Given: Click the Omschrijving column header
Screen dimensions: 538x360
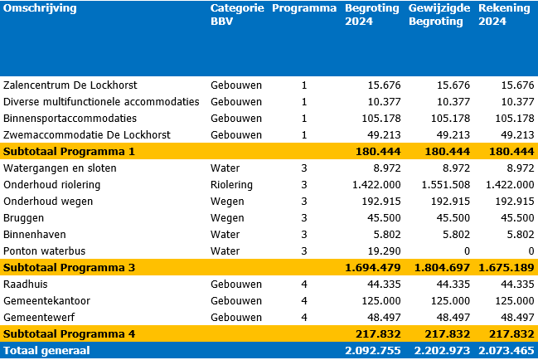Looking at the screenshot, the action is click(x=40, y=8).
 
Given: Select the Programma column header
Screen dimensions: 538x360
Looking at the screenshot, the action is click(x=304, y=8).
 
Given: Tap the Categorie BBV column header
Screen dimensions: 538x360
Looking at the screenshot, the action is click(x=237, y=15).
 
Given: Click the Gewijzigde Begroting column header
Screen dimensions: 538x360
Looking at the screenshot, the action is click(x=439, y=15).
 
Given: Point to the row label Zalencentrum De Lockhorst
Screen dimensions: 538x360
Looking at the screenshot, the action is click(x=70, y=85).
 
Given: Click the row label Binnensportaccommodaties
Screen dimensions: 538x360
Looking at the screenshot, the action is click(x=70, y=119).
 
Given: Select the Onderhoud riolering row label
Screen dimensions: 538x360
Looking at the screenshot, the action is click(x=51, y=185).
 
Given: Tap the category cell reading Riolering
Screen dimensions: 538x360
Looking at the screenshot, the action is click(x=231, y=185).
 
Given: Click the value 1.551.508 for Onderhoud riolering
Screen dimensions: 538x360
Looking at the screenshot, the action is click(x=446, y=185).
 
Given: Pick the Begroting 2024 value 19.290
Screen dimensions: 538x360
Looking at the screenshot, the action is click(x=384, y=251).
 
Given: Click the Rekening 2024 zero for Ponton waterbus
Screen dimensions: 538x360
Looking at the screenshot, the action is click(x=531, y=251).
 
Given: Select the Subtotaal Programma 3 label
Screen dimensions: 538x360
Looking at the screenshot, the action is click(x=69, y=268).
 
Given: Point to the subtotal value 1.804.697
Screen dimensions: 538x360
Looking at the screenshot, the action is click(x=442, y=268).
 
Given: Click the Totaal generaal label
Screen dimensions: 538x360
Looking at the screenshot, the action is click(x=46, y=351).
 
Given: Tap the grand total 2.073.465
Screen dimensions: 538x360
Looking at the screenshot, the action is click(x=506, y=351).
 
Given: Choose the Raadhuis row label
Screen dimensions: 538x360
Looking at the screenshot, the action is click(x=26, y=285).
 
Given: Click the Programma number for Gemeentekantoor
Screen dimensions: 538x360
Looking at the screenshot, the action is click(x=304, y=301).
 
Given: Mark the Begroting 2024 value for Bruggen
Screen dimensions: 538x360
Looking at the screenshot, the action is click(x=384, y=218).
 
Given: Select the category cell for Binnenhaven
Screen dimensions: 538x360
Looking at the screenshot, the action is click(x=225, y=235).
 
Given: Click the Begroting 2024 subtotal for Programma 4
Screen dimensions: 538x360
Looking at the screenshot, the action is click(x=378, y=334).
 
